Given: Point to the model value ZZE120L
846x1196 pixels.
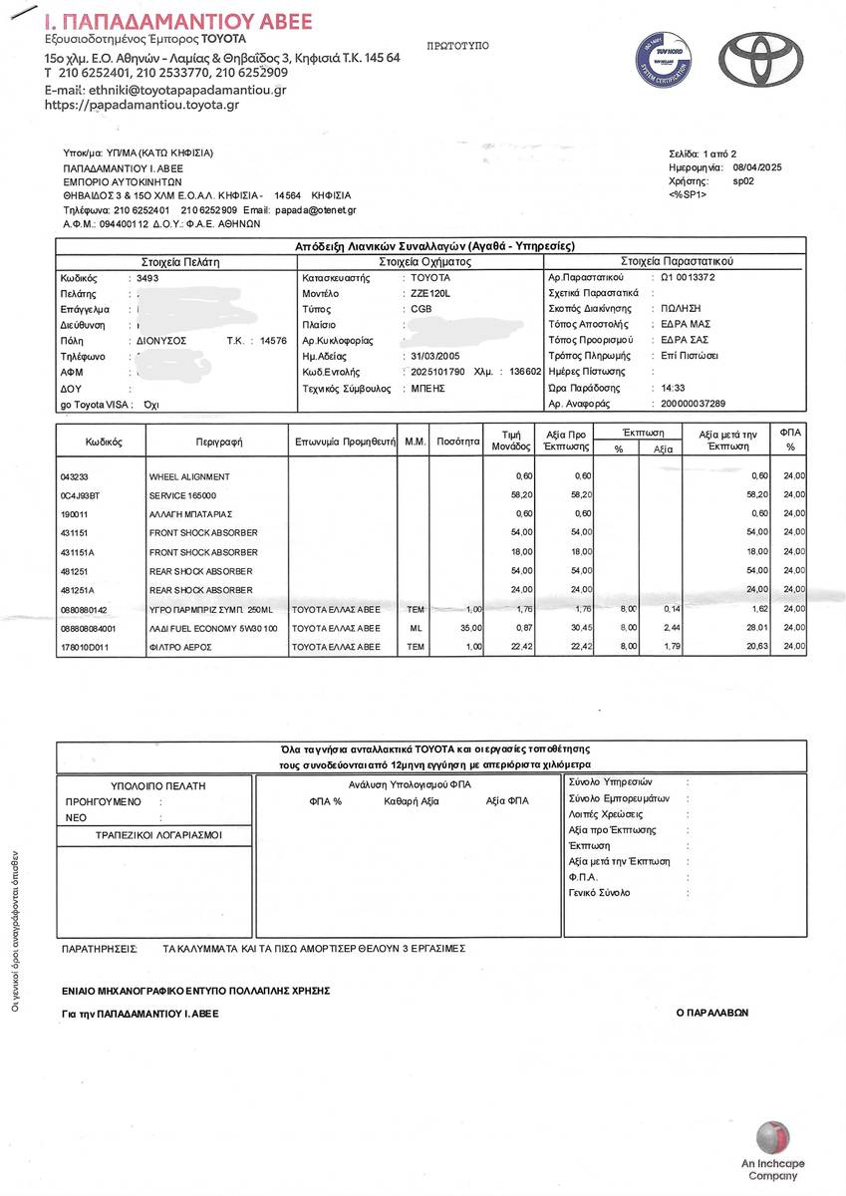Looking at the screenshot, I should click(x=431, y=293).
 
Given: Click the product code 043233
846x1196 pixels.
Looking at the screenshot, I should click(x=75, y=476).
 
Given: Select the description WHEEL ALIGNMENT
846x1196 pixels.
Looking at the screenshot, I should click(x=189, y=476).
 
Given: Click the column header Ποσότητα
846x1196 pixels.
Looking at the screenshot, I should click(x=459, y=440).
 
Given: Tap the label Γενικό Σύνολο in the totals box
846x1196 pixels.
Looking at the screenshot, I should click(x=599, y=893).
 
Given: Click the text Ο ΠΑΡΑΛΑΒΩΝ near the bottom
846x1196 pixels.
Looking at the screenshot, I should click(x=711, y=1012).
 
